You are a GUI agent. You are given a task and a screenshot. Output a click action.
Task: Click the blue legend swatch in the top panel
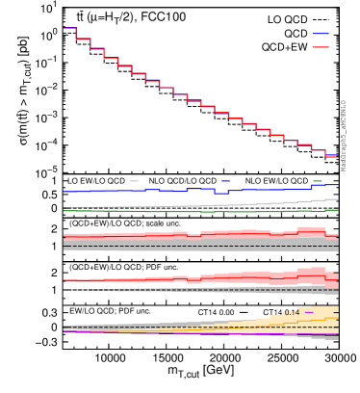pos(320,34)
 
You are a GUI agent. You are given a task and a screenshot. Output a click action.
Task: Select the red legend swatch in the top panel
pos(320,47)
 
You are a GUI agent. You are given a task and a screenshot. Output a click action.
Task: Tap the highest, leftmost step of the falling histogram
pos(69,28)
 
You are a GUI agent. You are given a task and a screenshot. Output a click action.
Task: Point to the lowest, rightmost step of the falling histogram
pos(331,155)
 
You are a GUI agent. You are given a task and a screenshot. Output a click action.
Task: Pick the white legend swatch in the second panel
pos(134,181)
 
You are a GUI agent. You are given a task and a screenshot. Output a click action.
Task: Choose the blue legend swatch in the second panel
pos(225,181)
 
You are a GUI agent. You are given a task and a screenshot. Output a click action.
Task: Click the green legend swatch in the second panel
pos(317,181)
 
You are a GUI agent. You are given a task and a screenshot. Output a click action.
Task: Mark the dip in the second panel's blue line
pos(221,194)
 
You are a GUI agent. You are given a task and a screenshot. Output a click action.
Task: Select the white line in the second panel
pos(193,206)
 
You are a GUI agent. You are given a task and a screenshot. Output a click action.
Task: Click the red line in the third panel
pos(144,235)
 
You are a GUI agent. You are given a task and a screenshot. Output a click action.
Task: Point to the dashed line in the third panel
pos(144,246)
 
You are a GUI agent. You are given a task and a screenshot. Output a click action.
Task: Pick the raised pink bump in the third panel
pos(310,231)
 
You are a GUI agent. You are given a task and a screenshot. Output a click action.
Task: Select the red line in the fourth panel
pos(144,279)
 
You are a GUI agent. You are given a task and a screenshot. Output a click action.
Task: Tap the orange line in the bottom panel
pos(289,322)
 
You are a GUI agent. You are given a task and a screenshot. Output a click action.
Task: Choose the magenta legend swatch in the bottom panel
pos(309,313)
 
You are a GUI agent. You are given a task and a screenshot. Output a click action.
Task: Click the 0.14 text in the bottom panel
pos(291,313)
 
